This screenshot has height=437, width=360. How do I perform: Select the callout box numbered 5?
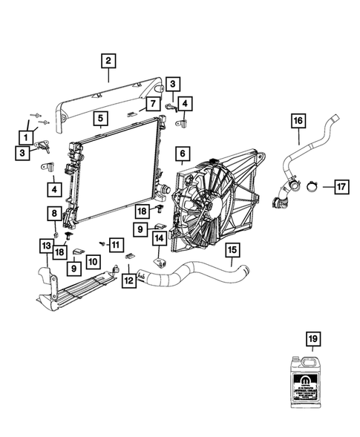100,116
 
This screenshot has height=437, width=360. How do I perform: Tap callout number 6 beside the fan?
180,154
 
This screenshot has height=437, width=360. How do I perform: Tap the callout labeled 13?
45,246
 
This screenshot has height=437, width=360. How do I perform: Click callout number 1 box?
27,137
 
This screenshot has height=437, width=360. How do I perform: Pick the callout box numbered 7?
152,104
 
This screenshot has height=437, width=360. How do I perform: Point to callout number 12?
129,280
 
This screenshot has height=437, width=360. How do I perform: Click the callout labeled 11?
114,243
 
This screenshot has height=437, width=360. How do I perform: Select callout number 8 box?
55,214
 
